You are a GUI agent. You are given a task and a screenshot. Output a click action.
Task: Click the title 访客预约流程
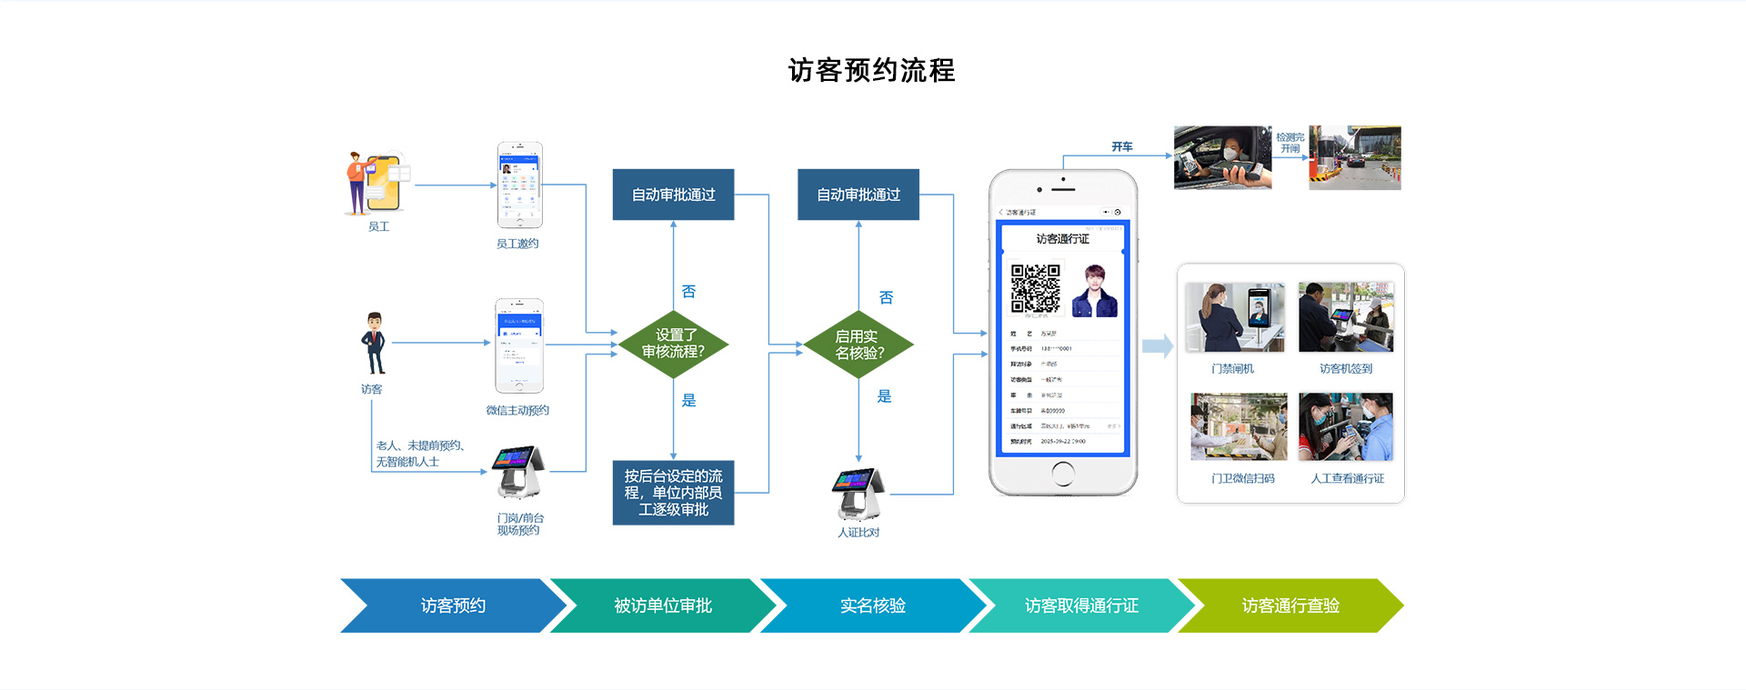[871, 70]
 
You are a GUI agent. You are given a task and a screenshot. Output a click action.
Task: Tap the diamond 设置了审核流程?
[673, 344]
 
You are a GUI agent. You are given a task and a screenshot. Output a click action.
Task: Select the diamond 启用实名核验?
[858, 345]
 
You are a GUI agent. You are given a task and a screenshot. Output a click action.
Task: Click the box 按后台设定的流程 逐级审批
[673, 493]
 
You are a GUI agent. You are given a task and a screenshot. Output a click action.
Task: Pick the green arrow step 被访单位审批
[663, 605]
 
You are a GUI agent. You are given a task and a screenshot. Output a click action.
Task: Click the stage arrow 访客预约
[453, 605]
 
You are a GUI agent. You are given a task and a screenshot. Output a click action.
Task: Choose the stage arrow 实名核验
[872, 605]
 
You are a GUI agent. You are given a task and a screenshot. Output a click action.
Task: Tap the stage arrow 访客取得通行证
[1081, 605]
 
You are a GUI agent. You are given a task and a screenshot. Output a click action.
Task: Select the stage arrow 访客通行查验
[1290, 605]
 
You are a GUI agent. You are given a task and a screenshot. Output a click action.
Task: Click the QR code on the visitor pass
[1036, 288]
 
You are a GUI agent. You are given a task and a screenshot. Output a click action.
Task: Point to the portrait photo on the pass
[1095, 290]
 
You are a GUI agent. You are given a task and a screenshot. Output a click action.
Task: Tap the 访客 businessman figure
[374, 344]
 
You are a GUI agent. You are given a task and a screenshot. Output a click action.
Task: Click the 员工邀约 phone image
[519, 185]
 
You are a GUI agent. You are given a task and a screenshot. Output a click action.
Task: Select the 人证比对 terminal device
[858, 494]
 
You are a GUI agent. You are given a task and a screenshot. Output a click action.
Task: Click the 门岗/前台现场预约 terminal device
[518, 472]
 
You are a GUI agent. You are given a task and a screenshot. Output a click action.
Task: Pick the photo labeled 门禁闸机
[1236, 317]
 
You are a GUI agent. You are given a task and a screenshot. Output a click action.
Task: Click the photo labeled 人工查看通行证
[1346, 427]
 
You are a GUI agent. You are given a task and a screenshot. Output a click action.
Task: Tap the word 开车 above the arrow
[1121, 146]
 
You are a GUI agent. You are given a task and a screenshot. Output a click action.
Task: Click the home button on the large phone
[1062, 474]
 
